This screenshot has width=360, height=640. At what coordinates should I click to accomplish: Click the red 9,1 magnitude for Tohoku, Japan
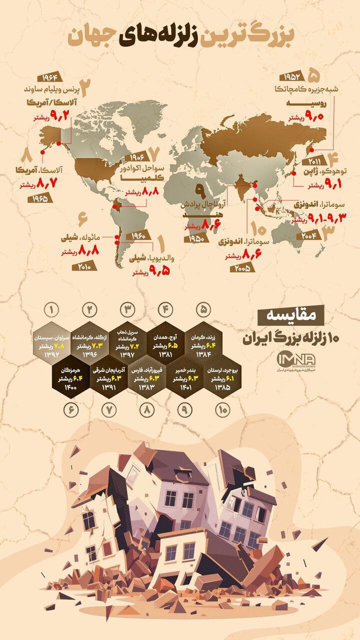[328, 185]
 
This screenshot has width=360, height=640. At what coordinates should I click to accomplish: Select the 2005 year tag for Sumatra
[242, 268]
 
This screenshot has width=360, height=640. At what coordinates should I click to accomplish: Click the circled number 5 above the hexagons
[203, 308]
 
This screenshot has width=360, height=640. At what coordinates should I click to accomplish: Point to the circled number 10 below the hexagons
[221, 410]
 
